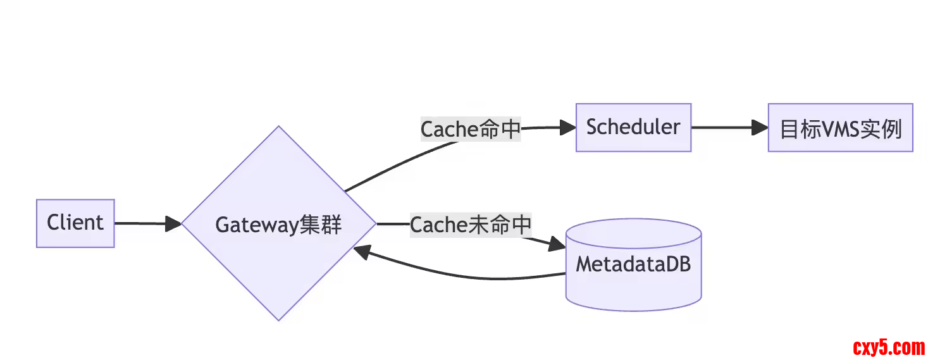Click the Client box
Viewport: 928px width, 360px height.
click(x=75, y=223)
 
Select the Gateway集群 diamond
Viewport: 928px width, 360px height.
click(x=278, y=224)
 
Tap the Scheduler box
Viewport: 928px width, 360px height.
click(x=633, y=127)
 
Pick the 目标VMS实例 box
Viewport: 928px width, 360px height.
click(x=840, y=128)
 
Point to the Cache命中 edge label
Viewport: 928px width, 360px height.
click(x=471, y=129)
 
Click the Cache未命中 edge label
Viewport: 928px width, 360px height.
click(x=471, y=225)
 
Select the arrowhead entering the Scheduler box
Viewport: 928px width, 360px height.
click(x=569, y=127)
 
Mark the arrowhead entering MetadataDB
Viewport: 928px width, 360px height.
click(x=557, y=244)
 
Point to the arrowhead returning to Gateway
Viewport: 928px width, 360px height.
click(x=361, y=251)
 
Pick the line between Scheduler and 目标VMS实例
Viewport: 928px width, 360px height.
click(x=721, y=127)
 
